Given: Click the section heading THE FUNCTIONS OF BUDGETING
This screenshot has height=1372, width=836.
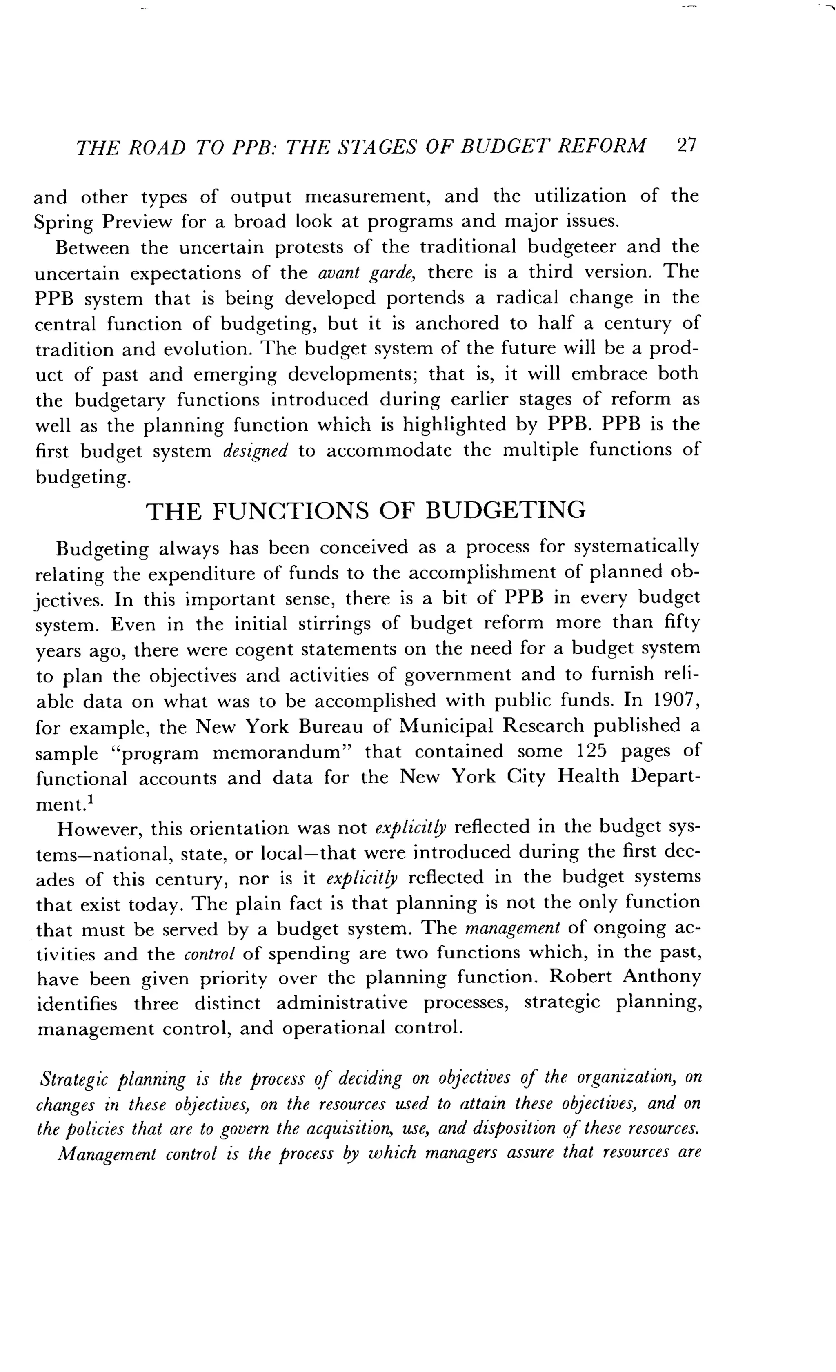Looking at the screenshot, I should [x=366, y=510].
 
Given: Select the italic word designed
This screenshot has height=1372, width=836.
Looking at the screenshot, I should [x=255, y=450].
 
